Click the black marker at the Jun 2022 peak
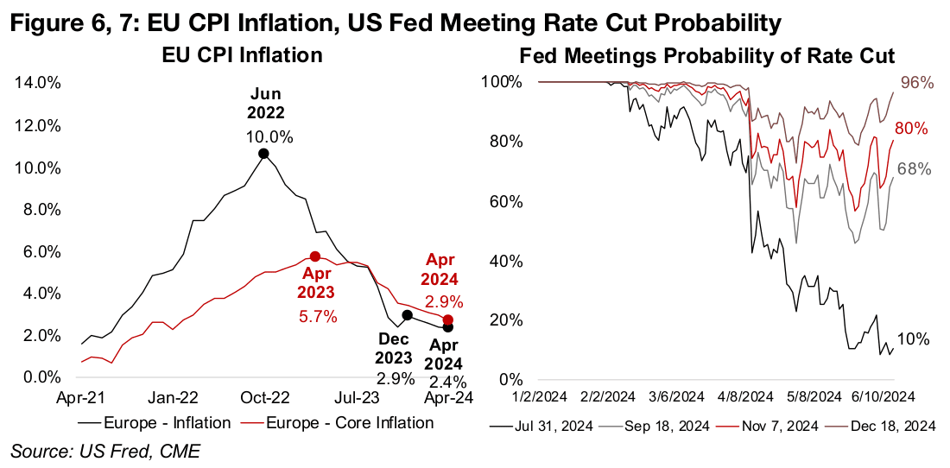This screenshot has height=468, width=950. [x=263, y=153]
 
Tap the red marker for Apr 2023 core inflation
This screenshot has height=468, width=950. [x=315, y=256]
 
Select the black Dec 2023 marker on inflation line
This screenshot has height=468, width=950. [x=408, y=315]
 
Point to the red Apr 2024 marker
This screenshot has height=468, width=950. [x=447, y=320]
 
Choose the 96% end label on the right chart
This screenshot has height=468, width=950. [x=917, y=83]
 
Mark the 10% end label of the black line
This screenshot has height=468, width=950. [x=914, y=339]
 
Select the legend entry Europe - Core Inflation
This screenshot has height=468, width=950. [x=350, y=423]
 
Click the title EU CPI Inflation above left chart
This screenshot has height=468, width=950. [x=243, y=56]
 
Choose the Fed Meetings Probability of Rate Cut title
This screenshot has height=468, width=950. [x=707, y=56]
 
